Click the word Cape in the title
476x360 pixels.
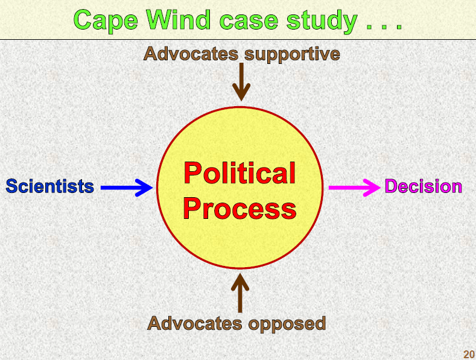tap(106, 19)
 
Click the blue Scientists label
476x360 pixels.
tap(49, 186)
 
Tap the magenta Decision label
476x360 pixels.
tap(424, 186)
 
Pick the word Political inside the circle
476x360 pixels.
tap(240, 174)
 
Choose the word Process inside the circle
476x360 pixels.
tap(240, 208)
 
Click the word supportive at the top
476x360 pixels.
tap(292, 54)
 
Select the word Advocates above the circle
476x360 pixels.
tap(191, 54)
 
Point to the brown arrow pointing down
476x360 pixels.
tap(241, 81)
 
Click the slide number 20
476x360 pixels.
tap(469, 354)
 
